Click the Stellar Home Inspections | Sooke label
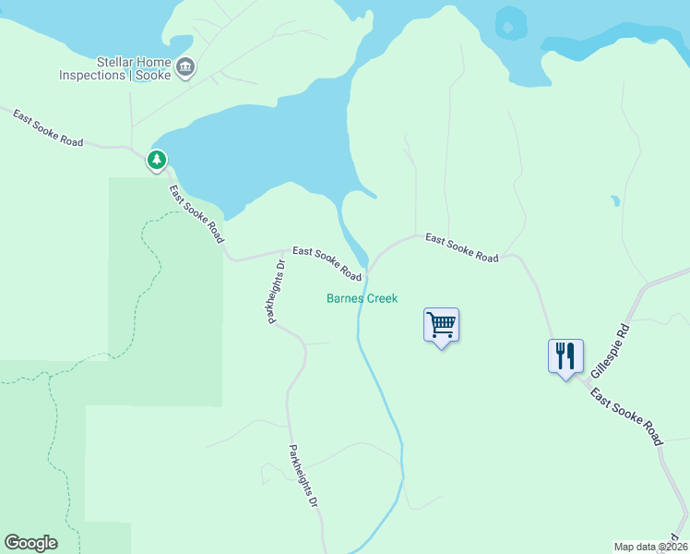click(113, 68)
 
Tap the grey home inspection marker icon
click(185, 66)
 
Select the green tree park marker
click(158, 161)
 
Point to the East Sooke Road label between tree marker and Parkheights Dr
click(196, 213)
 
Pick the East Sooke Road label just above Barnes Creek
click(327, 263)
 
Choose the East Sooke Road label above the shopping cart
click(461, 248)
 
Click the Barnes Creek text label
click(362, 298)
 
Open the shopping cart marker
click(441, 325)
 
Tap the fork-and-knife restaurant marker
click(565, 355)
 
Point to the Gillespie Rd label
click(611, 349)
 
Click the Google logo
click(30, 543)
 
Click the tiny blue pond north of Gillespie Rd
click(614, 199)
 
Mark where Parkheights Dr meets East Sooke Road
click(283, 251)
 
